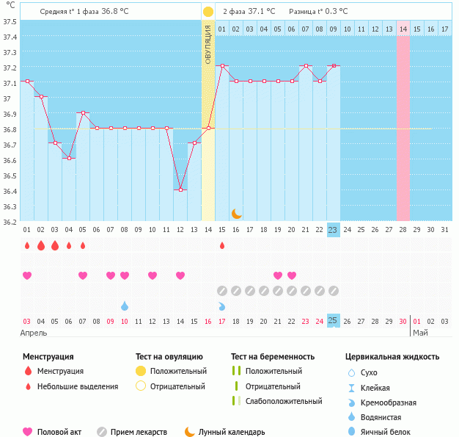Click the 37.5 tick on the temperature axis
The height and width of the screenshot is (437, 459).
9,21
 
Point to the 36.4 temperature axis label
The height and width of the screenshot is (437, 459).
9,191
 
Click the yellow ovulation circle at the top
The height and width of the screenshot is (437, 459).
208,12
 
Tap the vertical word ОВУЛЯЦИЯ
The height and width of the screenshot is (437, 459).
208,44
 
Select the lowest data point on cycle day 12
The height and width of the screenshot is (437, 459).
180,189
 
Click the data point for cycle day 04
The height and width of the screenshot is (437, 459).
69,158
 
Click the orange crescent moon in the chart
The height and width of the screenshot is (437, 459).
237,213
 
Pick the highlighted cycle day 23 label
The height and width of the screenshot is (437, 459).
333,230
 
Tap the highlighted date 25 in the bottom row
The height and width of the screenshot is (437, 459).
333,320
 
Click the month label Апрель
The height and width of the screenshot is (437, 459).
34,333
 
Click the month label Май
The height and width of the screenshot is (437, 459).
420,333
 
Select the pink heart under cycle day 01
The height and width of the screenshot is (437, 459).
27,275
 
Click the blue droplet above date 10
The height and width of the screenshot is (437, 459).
125,306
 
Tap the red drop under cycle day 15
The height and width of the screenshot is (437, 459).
222,245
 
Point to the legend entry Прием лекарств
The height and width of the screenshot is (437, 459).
139,432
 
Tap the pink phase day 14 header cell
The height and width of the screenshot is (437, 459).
403,29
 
